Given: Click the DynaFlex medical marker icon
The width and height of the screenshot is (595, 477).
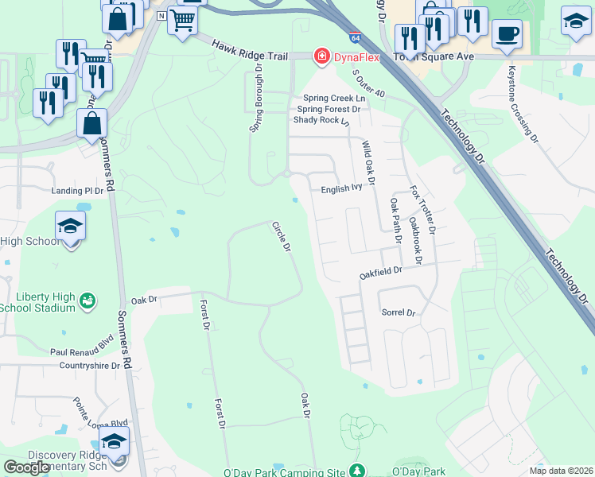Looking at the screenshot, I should pos(322,56).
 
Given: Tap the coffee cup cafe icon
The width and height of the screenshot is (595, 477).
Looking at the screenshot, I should pos(507,33).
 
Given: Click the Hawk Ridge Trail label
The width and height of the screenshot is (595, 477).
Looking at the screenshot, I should pos(248,50).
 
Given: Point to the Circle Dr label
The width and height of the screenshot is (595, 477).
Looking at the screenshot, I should pos(282,237).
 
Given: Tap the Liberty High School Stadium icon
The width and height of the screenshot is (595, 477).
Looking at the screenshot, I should pos(87,300).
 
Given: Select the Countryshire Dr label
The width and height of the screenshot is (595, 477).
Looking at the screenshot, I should pos(89,366).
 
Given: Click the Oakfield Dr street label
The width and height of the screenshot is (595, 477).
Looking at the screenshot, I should pos(380,272).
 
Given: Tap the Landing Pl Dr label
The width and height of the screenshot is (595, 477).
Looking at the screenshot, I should pos(78,191).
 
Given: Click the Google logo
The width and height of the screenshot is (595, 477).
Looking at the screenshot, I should pos(26,467).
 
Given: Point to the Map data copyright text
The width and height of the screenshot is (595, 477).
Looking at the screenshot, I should pos(560,471).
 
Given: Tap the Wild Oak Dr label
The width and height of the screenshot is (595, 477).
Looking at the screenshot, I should pos(368,158).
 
